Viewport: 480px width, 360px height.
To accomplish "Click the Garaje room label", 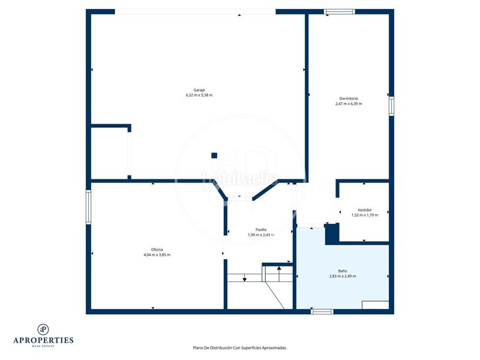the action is point(199,90).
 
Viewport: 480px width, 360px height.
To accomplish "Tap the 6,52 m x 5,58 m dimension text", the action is point(199,95).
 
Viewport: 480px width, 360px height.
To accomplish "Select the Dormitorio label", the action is point(349,98).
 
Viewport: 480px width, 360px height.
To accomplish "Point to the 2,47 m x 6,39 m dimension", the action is point(349,104).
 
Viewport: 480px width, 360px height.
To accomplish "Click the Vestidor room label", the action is point(365,210).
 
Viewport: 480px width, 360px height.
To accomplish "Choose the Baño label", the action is point(343,271).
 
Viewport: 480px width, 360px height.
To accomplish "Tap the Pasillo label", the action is point(261,230).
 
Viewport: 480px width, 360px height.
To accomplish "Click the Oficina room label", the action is point(157,250).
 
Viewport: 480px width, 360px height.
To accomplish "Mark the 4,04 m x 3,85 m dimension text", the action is point(157,254).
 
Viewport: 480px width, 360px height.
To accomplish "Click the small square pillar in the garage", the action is point(214,155).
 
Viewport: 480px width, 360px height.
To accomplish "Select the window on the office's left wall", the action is point(88,207).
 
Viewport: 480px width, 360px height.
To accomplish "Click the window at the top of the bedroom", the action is point(340,11).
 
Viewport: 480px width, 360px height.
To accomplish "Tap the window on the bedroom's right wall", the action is point(391,106).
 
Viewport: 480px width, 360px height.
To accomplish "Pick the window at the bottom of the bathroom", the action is point(322,311).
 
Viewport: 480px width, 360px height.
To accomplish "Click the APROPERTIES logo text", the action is point(43,340).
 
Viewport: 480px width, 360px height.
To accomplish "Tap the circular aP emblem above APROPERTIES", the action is point(43,329).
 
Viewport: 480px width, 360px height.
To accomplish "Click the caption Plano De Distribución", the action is point(213,348).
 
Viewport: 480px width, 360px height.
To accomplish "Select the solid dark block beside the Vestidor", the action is point(332,234).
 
